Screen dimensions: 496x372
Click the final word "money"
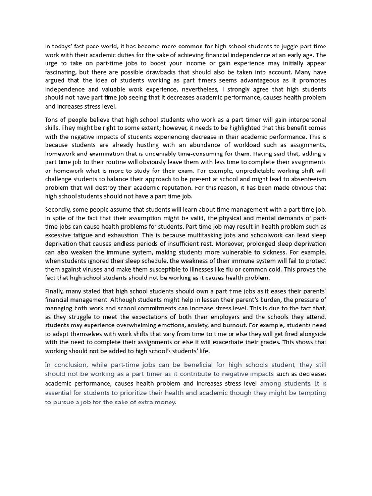click(165, 402)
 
